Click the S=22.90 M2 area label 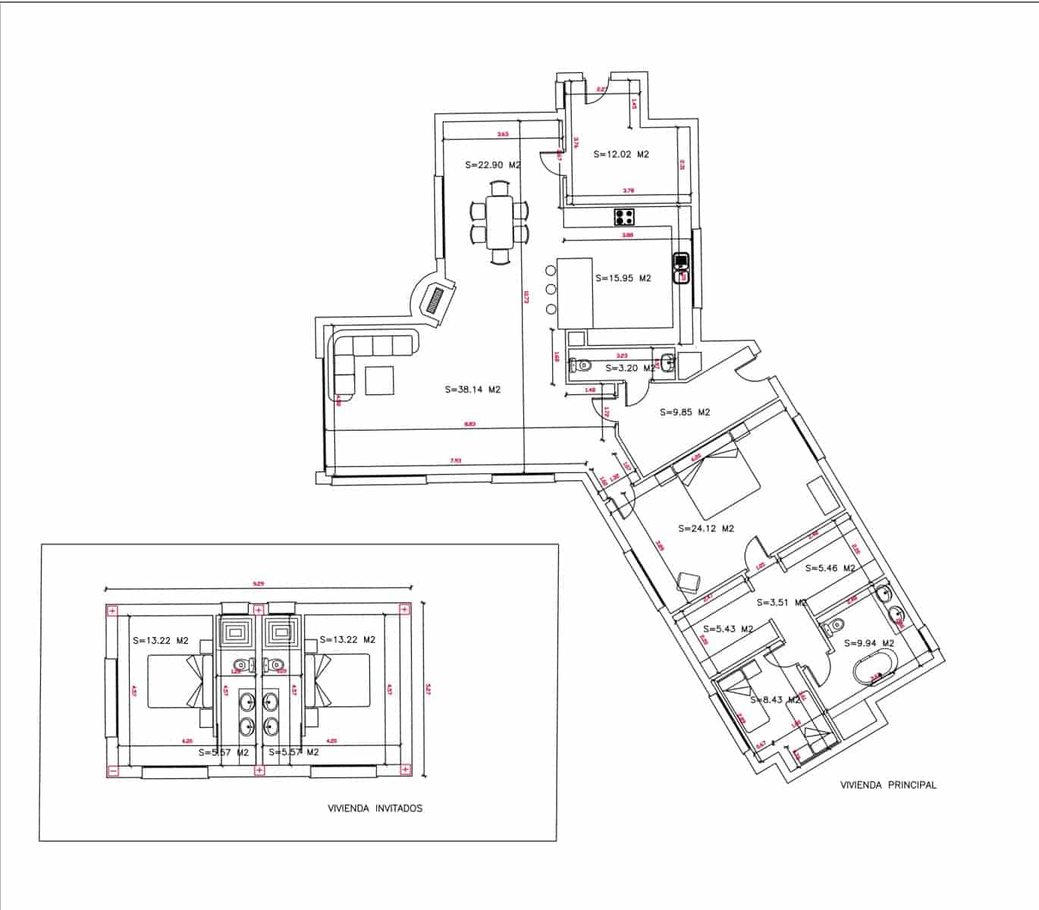coord(492,165)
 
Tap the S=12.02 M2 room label coord(621,154)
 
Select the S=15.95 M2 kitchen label coord(623,278)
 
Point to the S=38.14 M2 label coord(472,390)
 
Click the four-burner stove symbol coord(625,217)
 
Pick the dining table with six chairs coord(499,221)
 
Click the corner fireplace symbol coord(435,300)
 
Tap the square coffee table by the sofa coord(379,381)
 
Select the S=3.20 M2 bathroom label coord(629,369)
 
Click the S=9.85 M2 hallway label coord(684,413)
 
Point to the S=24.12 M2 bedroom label coord(706,529)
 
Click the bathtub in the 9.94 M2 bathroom coord(876,672)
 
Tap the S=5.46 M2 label coord(830,568)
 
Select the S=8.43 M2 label coord(775,700)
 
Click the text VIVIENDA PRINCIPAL coord(888,786)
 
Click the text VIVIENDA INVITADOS coord(375,808)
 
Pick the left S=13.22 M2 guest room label coord(160,640)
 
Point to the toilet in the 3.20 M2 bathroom coord(582,365)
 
